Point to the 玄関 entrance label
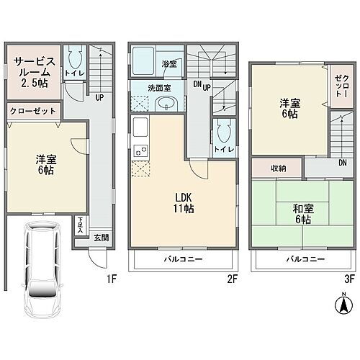click(102, 238)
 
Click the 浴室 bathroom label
click(168, 63)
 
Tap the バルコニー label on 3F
click(305, 258)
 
